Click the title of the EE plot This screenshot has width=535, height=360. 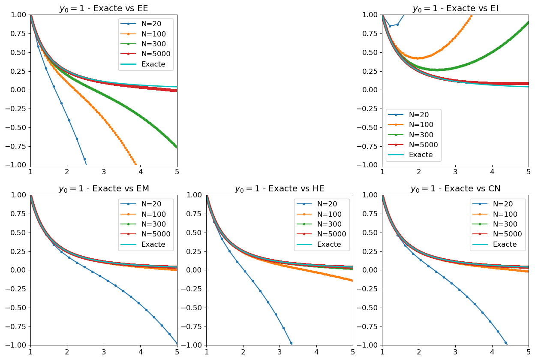(x=104, y=9)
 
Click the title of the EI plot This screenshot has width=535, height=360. (x=455, y=9)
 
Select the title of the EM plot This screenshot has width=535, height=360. (x=104, y=189)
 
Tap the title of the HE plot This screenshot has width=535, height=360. (x=280, y=189)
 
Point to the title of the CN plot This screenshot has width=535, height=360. (x=455, y=189)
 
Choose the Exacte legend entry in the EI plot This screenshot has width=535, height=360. (x=421, y=155)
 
